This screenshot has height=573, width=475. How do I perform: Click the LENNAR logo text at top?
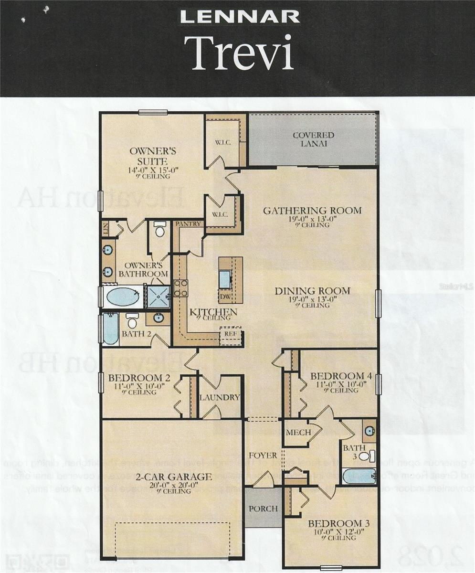click(240, 17)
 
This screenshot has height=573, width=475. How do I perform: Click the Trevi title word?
click(239, 53)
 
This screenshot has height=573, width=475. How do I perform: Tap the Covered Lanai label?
click(313, 139)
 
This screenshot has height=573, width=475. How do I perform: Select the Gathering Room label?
click(312, 211)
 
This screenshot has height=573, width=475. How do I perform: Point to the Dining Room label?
click(312, 291)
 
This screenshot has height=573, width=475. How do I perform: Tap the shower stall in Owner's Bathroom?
click(158, 297)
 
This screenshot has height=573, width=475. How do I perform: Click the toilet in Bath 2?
click(132, 320)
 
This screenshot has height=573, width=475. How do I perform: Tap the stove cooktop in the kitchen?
click(180, 288)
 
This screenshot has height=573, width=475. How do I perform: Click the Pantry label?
click(189, 223)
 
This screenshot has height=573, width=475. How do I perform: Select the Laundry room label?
click(219, 397)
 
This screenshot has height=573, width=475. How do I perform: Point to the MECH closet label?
click(298, 433)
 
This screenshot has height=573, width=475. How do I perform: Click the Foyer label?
click(263, 456)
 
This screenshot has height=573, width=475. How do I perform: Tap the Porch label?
click(263, 509)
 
